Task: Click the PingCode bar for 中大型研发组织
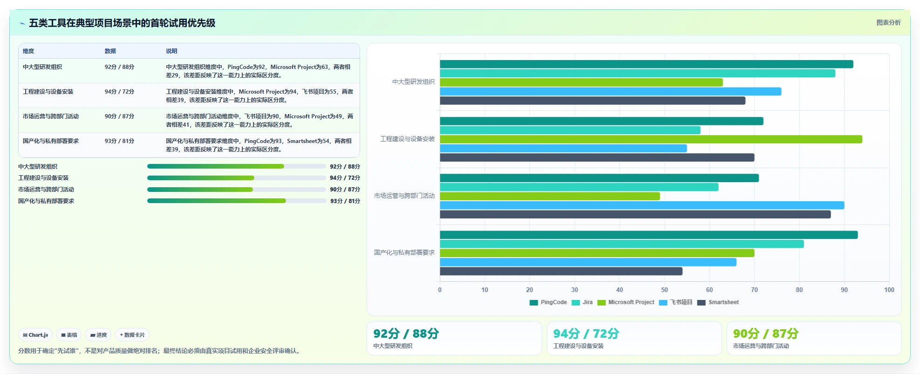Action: click(647, 64)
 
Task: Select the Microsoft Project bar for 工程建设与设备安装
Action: click(651, 139)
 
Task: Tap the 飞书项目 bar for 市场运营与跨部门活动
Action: click(642, 205)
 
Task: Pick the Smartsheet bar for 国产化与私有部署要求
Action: click(561, 271)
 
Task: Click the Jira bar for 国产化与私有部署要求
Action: click(622, 244)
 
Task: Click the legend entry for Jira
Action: click(582, 302)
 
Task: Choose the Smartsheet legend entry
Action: click(718, 302)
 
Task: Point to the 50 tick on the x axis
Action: click(665, 290)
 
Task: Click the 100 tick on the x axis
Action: click(889, 290)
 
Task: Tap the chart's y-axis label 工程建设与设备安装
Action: click(408, 139)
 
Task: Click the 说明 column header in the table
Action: click(171, 51)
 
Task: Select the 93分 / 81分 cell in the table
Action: click(120, 141)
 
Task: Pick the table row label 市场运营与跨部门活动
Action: click(51, 116)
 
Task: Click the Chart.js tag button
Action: click(35, 335)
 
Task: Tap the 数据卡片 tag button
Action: click(132, 335)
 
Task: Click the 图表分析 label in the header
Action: click(888, 22)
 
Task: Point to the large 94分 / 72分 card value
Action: click(586, 333)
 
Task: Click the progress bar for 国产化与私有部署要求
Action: click(237, 201)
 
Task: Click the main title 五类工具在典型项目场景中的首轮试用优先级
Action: click(122, 23)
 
